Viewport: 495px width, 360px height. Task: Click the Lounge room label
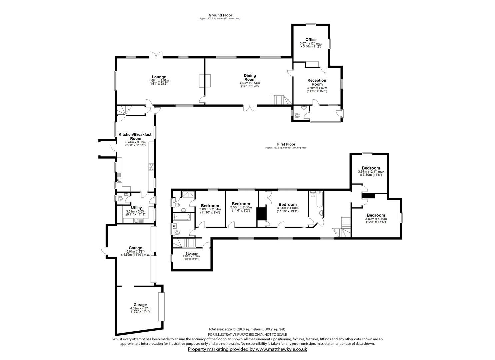[x=159, y=77]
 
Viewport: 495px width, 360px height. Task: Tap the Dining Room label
[x=250, y=77]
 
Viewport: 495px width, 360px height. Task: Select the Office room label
[x=311, y=40]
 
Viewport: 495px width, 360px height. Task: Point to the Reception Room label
[x=317, y=82]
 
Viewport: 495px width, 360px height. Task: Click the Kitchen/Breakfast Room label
[x=135, y=136]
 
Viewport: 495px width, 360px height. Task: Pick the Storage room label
[x=191, y=254]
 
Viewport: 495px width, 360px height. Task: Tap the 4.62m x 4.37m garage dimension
[x=140, y=309]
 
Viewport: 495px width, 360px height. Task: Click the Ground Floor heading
[x=220, y=15]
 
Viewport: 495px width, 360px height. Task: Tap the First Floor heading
[x=286, y=144]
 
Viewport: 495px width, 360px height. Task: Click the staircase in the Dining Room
[x=279, y=99]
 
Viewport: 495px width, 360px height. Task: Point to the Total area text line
[x=247, y=329]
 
